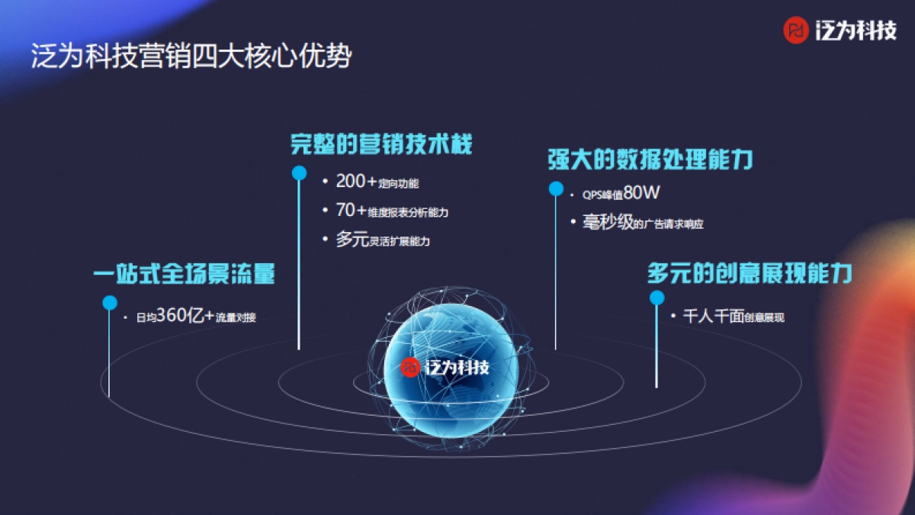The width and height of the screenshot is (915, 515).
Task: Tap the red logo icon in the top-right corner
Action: click(x=796, y=31)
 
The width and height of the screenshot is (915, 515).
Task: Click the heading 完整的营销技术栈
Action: click(x=381, y=144)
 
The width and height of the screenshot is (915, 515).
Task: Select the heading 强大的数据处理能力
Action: click(x=650, y=159)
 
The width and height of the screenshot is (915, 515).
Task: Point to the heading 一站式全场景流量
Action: click(x=184, y=275)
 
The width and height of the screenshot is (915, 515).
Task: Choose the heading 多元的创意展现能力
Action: click(x=750, y=273)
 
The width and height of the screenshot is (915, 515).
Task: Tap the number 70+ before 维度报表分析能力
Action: click(x=352, y=211)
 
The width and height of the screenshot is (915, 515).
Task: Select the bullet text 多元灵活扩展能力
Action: click(x=383, y=240)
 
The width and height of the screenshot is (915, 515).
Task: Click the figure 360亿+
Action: click(x=185, y=317)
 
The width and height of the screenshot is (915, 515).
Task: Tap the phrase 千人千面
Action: click(x=713, y=316)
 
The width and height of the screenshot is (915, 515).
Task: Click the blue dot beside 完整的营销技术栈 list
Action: click(x=300, y=173)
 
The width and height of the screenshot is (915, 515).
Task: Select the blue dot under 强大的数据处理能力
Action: click(x=556, y=188)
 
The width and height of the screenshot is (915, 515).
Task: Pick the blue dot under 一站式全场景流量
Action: click(x=110, y=303)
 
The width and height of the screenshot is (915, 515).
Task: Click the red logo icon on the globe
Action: click(x=410, y=367)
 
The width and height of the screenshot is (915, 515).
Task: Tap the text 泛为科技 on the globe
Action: click(x=457, y=367)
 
